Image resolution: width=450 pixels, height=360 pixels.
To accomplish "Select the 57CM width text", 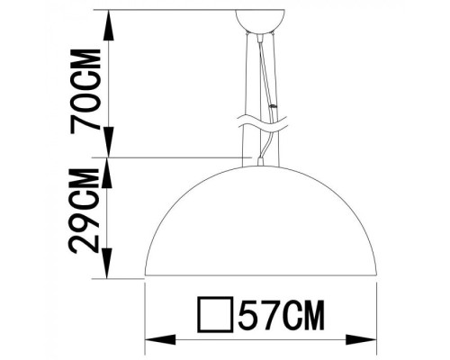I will click(279, 314).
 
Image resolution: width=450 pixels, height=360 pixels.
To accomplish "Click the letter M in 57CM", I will click(310, 314).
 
